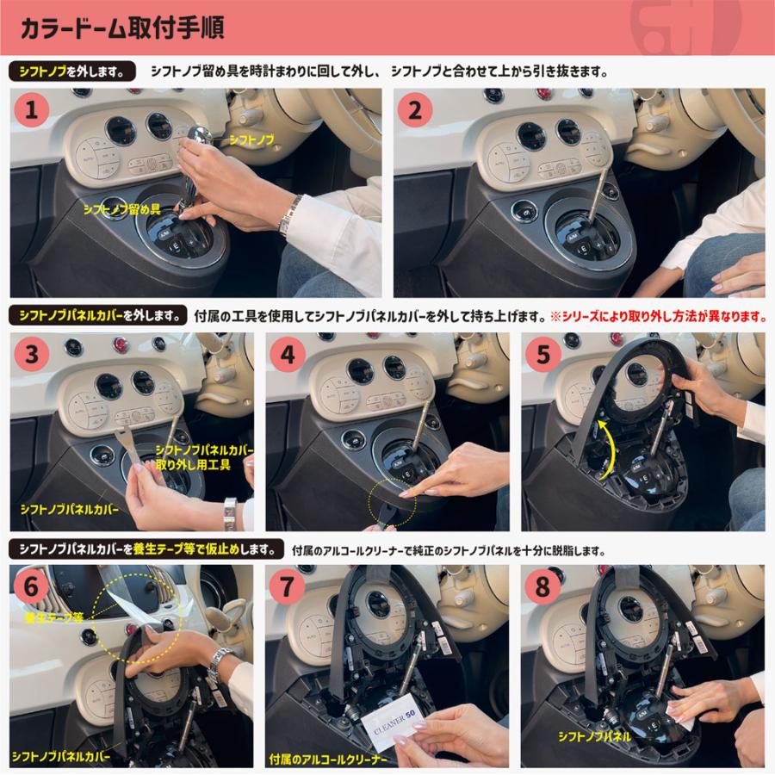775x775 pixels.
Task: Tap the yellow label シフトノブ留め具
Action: pyautogui.click(x=122, y=208)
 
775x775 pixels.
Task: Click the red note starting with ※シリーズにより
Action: pyautogui.click(x=658, y=316)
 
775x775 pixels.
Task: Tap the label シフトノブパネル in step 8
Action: pyautogui.click(x=594, y=737)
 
